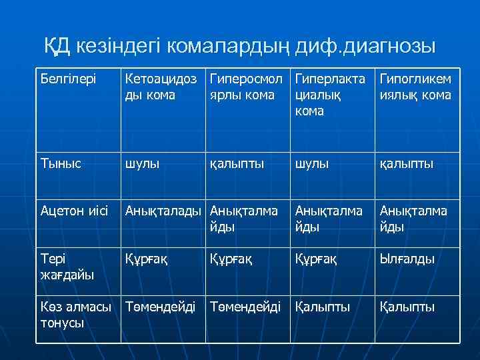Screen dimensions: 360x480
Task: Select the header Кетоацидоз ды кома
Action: pyautogui.click(x=162, y=87)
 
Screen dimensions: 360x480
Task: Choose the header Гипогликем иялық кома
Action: pyautogui.click(x=415, y=87)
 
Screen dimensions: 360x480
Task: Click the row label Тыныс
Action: pyautogui.click(x=61, y=163)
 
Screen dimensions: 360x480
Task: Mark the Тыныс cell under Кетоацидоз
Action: pyautogui.click(x=142, y=163)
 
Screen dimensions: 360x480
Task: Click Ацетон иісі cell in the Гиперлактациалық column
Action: pyautogui.click(x=329, y=219)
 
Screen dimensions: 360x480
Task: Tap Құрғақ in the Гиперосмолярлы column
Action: pyautogui.click(x=231, y=259)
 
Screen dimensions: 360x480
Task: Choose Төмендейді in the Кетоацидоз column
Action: pyautogui.click(x=161, y=307)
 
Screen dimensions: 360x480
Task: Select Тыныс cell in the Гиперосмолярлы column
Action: pyautogui.click(x=237, y=163)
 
